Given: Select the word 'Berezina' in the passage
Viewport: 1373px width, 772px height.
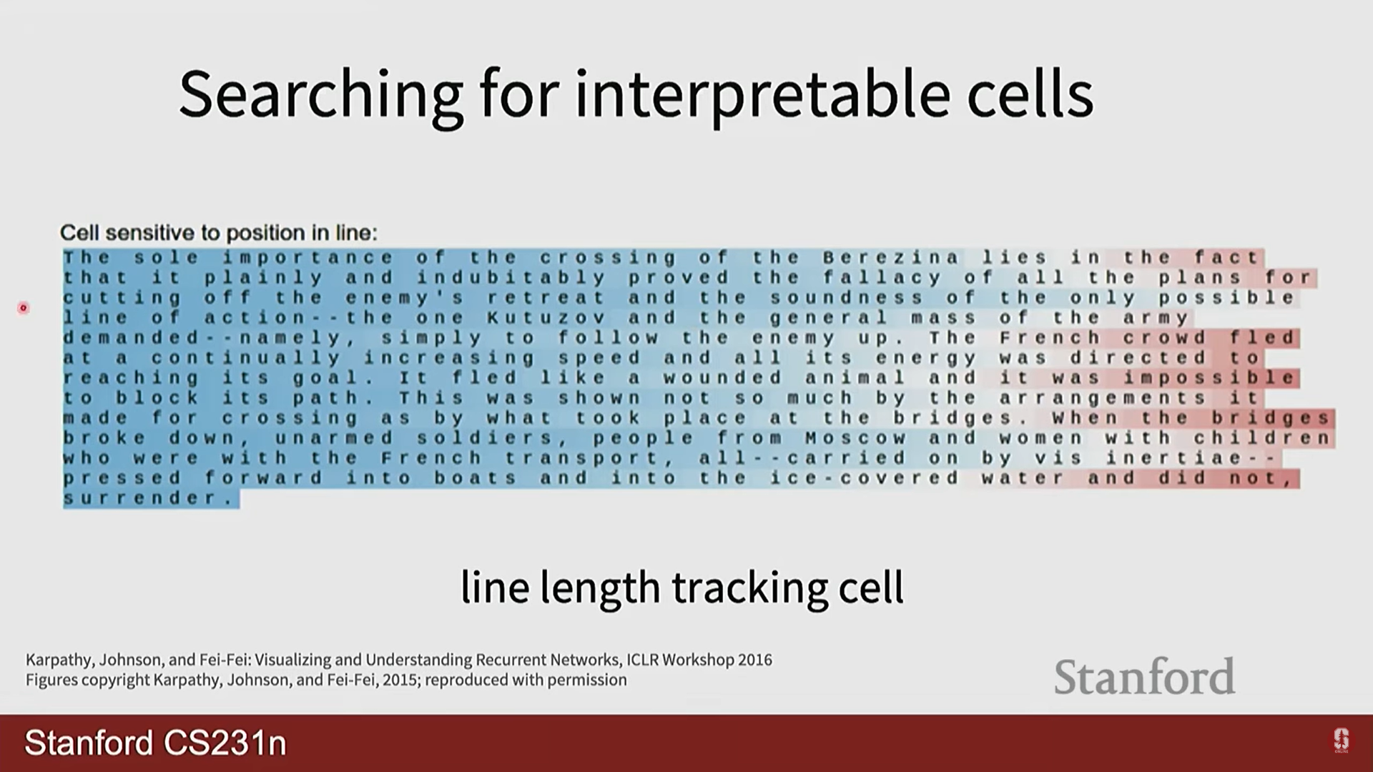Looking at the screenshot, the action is tap(890, 257).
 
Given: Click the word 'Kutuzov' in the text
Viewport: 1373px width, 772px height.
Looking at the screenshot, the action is tap(546, 317).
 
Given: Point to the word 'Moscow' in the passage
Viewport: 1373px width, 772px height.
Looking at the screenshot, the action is tap(855, 437).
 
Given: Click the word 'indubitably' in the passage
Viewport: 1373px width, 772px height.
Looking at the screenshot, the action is tap(511, 277).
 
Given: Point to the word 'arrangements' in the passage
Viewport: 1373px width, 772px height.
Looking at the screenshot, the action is tap(1102, 397).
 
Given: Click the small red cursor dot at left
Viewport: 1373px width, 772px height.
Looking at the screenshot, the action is tap(24, 308).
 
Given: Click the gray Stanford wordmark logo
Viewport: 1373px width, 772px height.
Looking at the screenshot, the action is tap(1144, 676).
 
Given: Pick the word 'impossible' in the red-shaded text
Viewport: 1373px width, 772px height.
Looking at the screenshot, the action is tap(1208, 377).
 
